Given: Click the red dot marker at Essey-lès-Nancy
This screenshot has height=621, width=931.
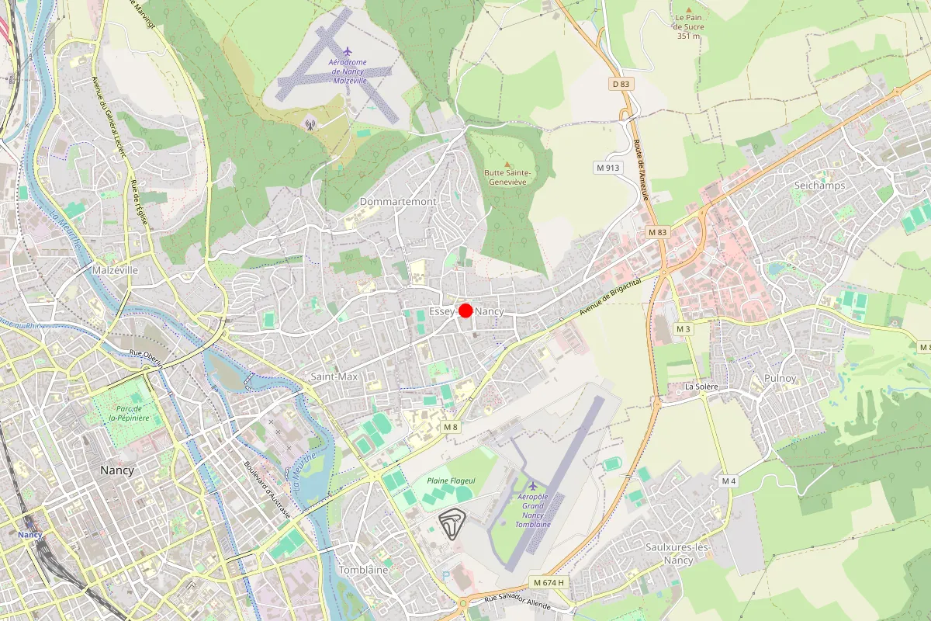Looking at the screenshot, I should pos(465,310).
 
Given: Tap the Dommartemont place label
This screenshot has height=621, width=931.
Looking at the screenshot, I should pos(398,202).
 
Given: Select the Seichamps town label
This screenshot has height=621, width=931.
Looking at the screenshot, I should pos(819,186).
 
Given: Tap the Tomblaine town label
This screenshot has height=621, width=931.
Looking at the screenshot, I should pos(363,570).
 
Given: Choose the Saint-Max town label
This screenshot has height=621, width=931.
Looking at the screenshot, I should pos(334,376).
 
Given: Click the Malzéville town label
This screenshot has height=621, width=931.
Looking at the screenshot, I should pos(114,270).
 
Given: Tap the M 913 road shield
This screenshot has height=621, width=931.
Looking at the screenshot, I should pos(609,167).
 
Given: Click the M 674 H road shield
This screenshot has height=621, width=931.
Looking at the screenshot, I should pos(550,582).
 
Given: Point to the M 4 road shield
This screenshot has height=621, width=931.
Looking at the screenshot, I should pos(728,481).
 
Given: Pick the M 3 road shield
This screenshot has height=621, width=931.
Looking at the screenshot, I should pos(683,329).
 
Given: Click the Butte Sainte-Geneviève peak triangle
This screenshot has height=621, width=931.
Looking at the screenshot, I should pos(507,164).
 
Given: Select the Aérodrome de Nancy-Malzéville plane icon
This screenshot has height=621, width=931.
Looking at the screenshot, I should pos(347,51).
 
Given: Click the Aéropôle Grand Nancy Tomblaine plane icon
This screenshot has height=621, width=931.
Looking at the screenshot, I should pos(533,486).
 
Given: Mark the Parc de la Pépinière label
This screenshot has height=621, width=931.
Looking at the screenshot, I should pos(129,413).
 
